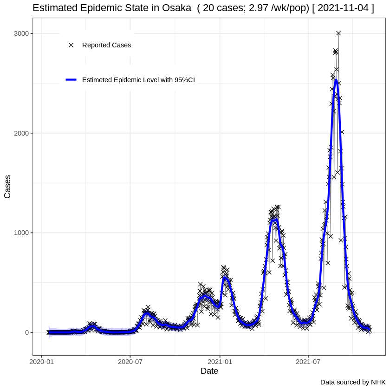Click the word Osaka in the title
coord(176,8)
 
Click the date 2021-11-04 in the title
coord(343,8)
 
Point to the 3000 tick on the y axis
coord(21,33)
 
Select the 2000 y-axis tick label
coord(21,133)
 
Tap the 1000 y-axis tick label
coord(21,233)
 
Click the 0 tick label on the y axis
coord(27,332)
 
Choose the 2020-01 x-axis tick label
coord(41,361)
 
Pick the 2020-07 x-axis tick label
coord(130,361)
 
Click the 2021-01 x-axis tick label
coord(220,361)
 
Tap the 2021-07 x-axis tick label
coord(308,361)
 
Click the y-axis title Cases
coord(7,187)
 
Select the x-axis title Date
coord(209,371)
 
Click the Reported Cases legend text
coord(106,45)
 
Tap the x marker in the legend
coord(71,45)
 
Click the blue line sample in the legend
coord(71,79)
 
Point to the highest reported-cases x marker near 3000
coord(338,33)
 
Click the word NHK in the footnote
coord(378,382)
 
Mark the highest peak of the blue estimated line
coord(336,79)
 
